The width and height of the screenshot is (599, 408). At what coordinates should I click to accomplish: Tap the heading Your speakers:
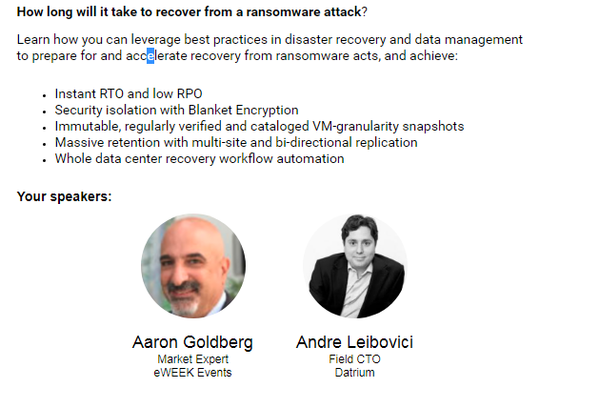64,196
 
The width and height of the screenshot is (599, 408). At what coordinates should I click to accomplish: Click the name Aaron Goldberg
193,342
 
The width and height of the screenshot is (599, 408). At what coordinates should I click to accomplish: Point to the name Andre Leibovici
354,342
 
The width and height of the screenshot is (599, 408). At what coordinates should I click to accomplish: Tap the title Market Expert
193,359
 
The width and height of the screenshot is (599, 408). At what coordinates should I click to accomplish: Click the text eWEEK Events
193,373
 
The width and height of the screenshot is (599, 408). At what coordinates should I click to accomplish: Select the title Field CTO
354,359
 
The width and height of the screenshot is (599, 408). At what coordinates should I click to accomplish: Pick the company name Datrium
354,373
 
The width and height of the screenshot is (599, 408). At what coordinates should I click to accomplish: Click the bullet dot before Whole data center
45,160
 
